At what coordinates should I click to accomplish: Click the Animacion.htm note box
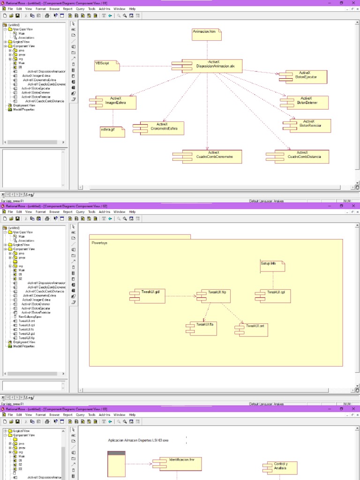click(206, 34)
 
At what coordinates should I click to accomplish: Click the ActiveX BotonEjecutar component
click(304, 77)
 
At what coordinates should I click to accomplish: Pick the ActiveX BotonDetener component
click(306, 102)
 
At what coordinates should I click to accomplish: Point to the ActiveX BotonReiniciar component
click(308, 125)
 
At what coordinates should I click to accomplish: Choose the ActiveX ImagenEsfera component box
click(115, 103)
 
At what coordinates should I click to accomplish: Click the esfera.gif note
click(112, 131)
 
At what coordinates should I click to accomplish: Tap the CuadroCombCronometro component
click(209, 157)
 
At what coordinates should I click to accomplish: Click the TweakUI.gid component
click(149, 296)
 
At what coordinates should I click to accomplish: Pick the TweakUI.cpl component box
click(274, 296)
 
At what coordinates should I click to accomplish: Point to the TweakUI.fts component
click(202, 328)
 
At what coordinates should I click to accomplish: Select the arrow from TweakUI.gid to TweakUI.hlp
click(180, 296)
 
